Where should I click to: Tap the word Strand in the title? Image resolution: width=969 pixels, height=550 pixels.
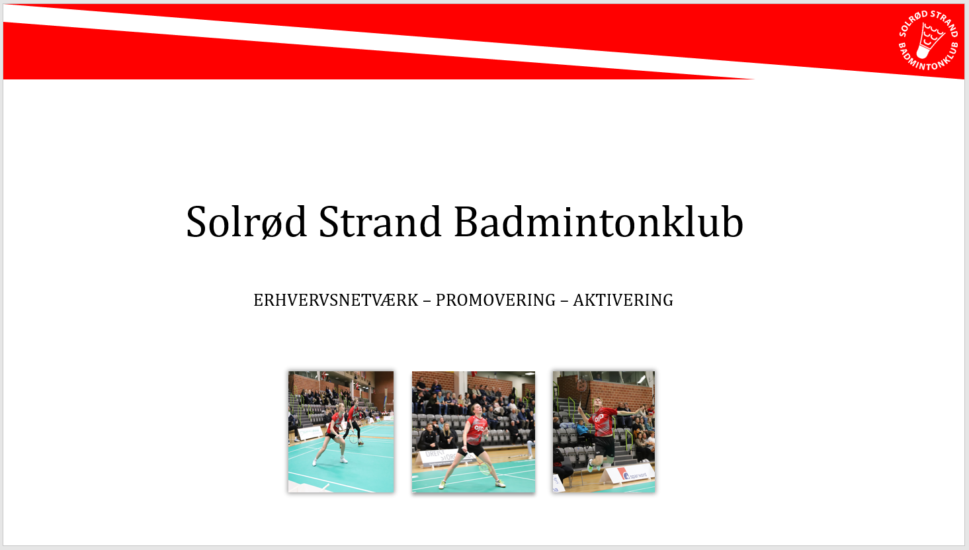380,222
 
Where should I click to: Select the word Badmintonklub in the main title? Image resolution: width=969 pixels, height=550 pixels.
599,222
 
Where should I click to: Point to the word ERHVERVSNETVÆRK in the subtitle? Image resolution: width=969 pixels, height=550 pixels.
336,300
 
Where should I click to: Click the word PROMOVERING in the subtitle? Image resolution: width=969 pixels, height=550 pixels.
495,300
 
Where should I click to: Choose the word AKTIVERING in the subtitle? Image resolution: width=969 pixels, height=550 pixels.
623,300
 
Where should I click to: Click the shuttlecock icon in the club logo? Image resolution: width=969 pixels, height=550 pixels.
929,40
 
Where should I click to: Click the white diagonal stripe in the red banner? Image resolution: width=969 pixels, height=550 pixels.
390,41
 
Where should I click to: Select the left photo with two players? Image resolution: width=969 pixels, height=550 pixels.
341,432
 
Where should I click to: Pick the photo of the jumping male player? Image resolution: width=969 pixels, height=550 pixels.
603,432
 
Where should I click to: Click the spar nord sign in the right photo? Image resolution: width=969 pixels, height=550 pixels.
630,475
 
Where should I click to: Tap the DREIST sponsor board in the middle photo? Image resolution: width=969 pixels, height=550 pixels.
439,457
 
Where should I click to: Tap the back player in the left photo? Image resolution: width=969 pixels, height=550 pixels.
354,422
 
